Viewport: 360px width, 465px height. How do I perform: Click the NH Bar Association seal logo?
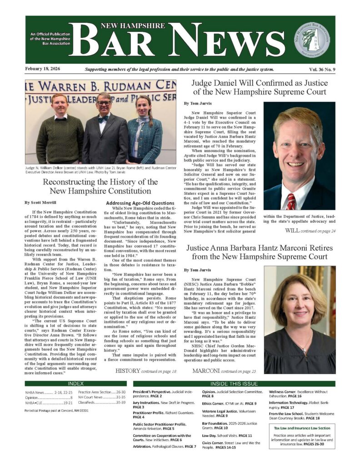pyautogui.click(x=312, y=40)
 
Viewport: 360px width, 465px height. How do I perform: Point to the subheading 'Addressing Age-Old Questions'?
pyautogui.click(x=137, y=203)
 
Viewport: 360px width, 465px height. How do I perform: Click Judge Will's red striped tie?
pyautogui.click(x=291, y=200)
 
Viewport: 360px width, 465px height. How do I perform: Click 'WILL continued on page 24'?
pyautogui.click(x=310, y=231)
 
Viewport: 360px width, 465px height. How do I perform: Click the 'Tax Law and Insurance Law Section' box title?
pyautogui.click(x=302, y=428)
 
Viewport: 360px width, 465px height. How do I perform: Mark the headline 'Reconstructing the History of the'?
pyautogui.click(x=100, y=182)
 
